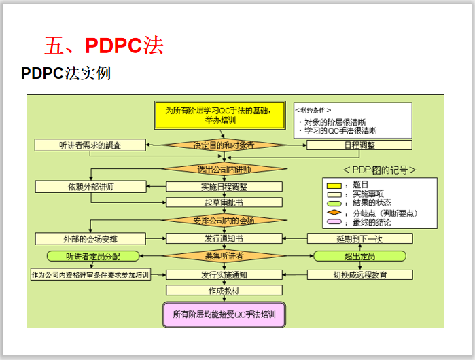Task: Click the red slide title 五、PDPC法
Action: [x=103, y=46]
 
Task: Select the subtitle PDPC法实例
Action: [x=66, y=73]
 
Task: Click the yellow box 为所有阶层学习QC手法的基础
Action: [x=224, y=114]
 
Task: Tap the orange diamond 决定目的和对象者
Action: [x=224, y=145]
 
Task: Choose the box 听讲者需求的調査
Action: [x=90, y=145]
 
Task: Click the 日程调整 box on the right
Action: [x=359, y=145]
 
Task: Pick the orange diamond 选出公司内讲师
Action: [x=224, y=169]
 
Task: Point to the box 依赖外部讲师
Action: [x=90, y=186]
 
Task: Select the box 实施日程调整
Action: [x=224, y=186]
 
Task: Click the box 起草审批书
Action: [x=224, y=202]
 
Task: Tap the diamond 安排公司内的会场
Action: [x=224, y=220]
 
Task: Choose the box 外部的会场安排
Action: [x=90, y=238]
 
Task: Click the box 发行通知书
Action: [x=224, y=238]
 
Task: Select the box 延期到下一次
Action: [x=359, y=238]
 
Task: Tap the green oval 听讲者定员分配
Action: [x=92, y=256]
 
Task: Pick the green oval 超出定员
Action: [x=359, y=256]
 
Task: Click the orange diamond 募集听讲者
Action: [x=224, y=256]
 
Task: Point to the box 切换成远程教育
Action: [x=359, y=274]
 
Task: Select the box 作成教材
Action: [x=224, y=290]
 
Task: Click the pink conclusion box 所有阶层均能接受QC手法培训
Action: [x=224, y=314]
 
